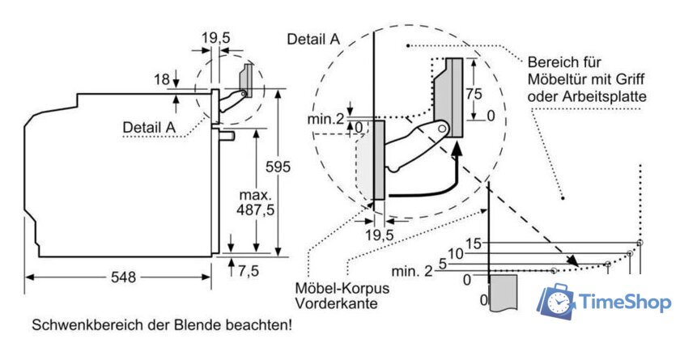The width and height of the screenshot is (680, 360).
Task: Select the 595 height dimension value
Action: (x=278, y=167)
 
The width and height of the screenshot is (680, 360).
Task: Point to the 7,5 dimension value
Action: (x=248, y=270)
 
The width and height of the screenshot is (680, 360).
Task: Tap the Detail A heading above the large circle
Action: (x=313, y=39)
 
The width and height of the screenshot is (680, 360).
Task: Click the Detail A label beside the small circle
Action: (x=149, y=127)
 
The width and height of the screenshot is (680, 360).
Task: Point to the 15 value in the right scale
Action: (x=474, y=243)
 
